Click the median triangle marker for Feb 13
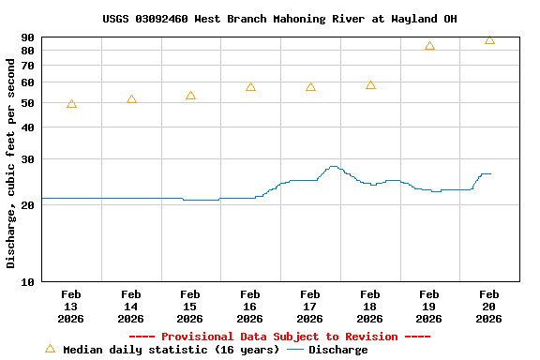(x=71, y=104)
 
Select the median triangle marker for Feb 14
(x=131, y=99)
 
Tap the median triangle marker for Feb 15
(x=190, y=96)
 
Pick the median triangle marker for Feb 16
(x=250, y=87)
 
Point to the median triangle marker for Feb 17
(x=310, y=87)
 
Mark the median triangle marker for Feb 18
(x=370, y=85)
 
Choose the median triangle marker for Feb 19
(x=429, y=46)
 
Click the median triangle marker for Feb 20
(x=489, y=40)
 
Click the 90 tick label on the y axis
(x=27, y=37)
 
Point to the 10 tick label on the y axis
(x=27, y=282)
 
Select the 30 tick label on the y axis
(x=27, y=159)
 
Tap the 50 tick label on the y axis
(x=27, y=102)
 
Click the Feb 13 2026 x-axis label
(x=71, y=307)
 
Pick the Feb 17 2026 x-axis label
(x=310, y=307)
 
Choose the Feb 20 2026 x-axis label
(x=489, y=307)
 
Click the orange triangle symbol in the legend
(x=50, y=349)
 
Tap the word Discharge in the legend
(x=338, y=350)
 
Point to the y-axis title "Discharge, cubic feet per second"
(x=11, y=163)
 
